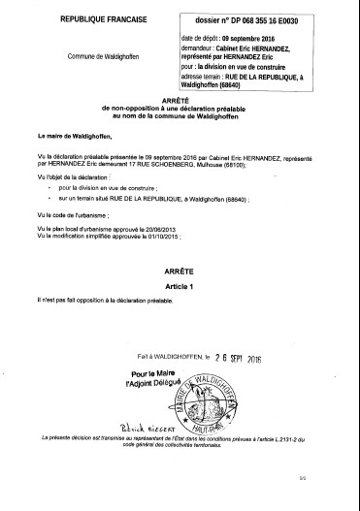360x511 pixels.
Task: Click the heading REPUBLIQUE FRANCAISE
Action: tap(87, 19)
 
